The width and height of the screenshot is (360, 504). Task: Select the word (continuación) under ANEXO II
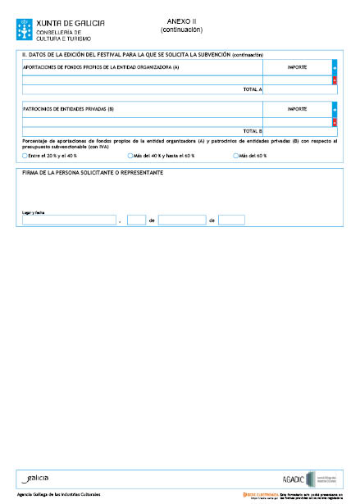click(182, 30)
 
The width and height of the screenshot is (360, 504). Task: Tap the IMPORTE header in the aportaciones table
click(298, 66)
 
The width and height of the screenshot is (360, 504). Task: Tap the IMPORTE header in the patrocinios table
click(298, 108)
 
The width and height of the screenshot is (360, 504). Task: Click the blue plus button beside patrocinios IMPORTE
click(335, 108)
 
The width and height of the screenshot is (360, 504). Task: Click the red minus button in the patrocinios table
click(335, 121)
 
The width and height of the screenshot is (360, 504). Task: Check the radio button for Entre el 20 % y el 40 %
click(25, 155)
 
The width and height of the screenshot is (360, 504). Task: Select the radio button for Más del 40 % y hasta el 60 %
click(130, 155)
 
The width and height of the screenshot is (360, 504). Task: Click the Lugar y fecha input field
click(69, 220)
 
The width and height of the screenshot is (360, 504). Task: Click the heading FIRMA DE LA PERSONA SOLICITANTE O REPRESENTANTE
click(93, 173)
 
